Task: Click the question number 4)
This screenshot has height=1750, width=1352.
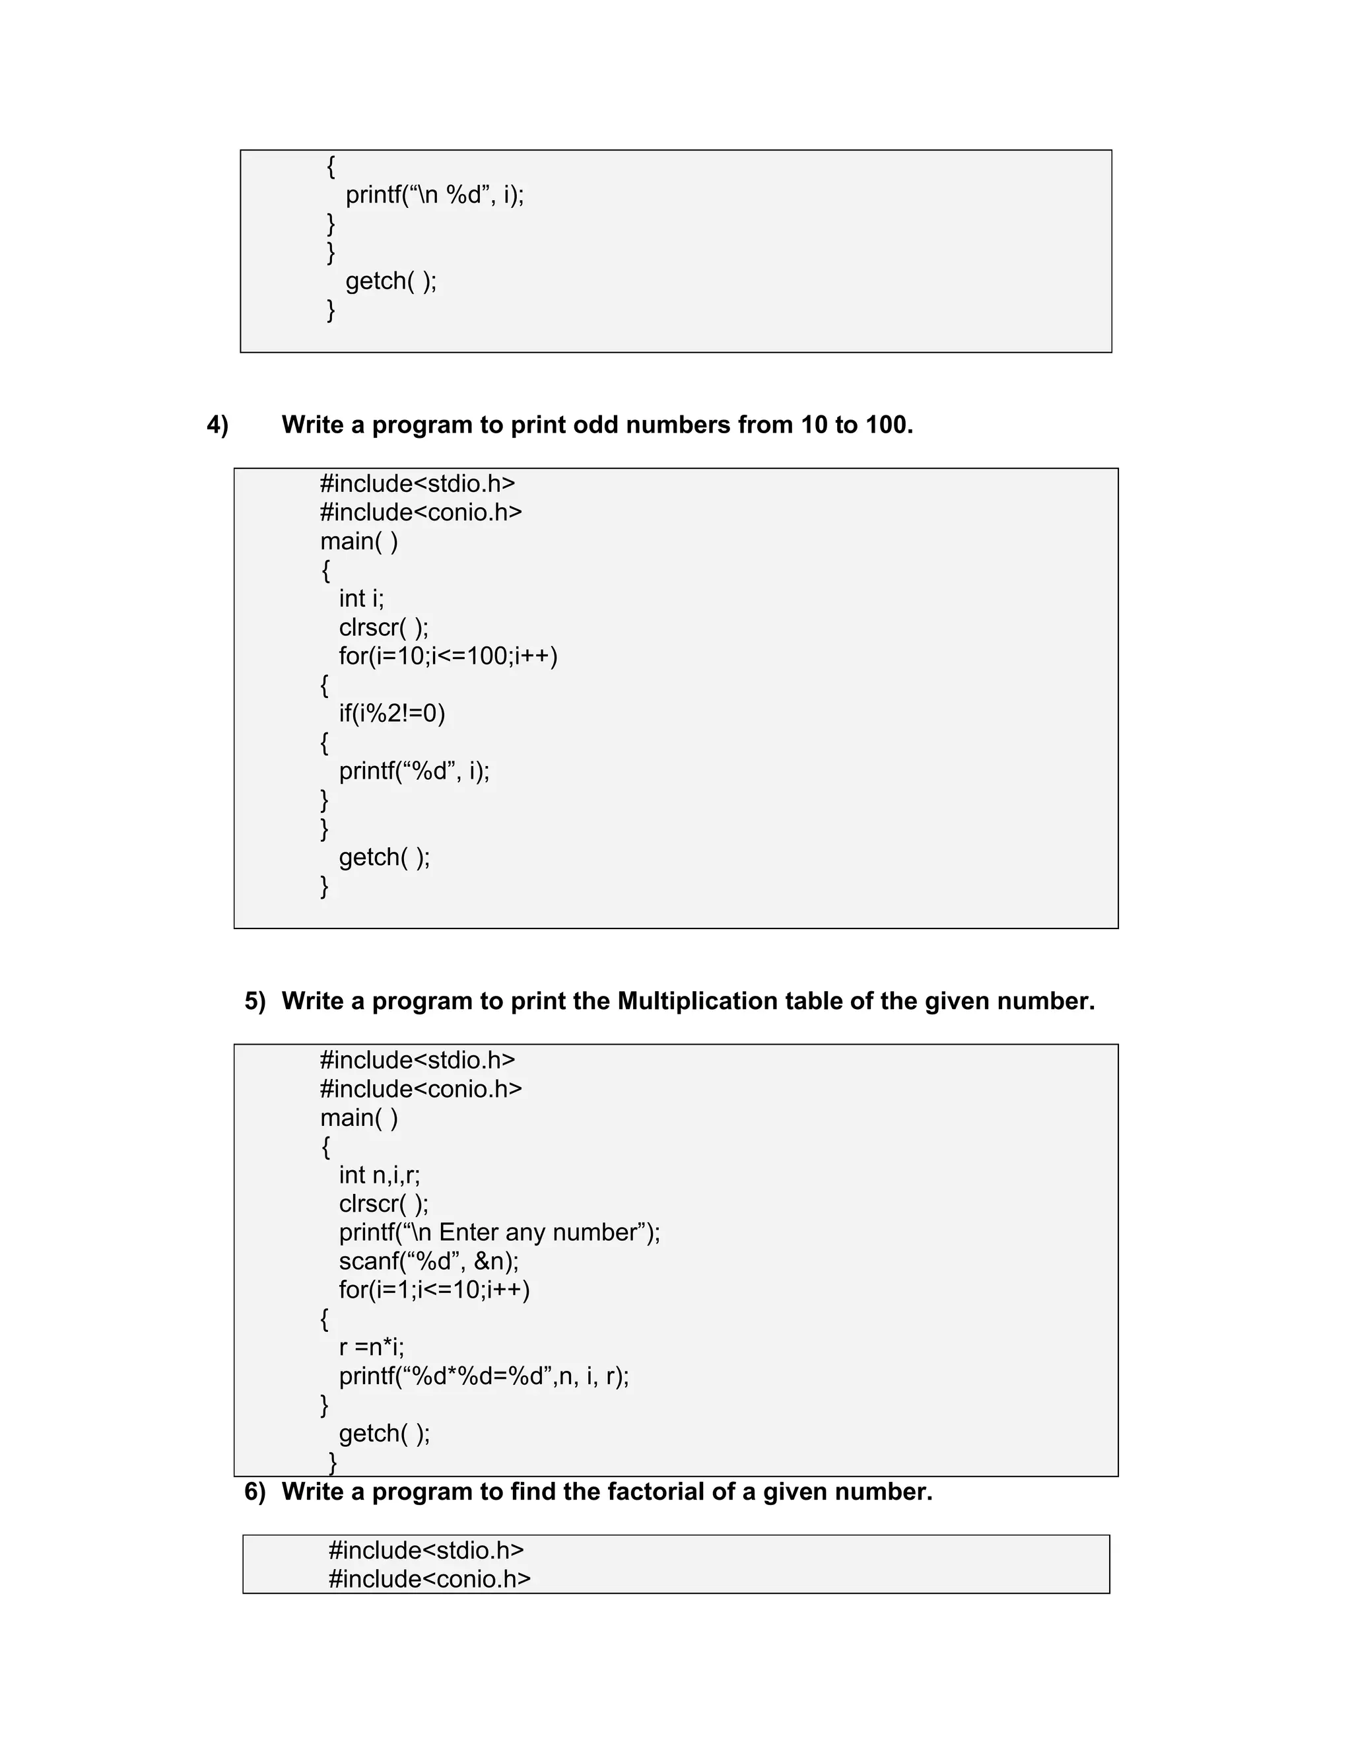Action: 217,425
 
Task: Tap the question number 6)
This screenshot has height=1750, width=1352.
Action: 255,1491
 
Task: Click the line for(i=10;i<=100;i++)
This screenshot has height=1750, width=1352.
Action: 448,656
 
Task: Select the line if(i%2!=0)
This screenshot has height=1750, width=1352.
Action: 391,713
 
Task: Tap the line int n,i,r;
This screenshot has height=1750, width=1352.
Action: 379,1175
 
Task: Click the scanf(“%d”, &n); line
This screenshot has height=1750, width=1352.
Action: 428,1261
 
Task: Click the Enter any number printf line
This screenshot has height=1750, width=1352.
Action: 499,1232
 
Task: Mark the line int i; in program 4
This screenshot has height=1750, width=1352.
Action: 361,598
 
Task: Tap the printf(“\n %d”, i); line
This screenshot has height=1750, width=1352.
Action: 435,195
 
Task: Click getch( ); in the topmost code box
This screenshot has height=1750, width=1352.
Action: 391,281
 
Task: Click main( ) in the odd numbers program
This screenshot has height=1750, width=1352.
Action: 359,542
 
